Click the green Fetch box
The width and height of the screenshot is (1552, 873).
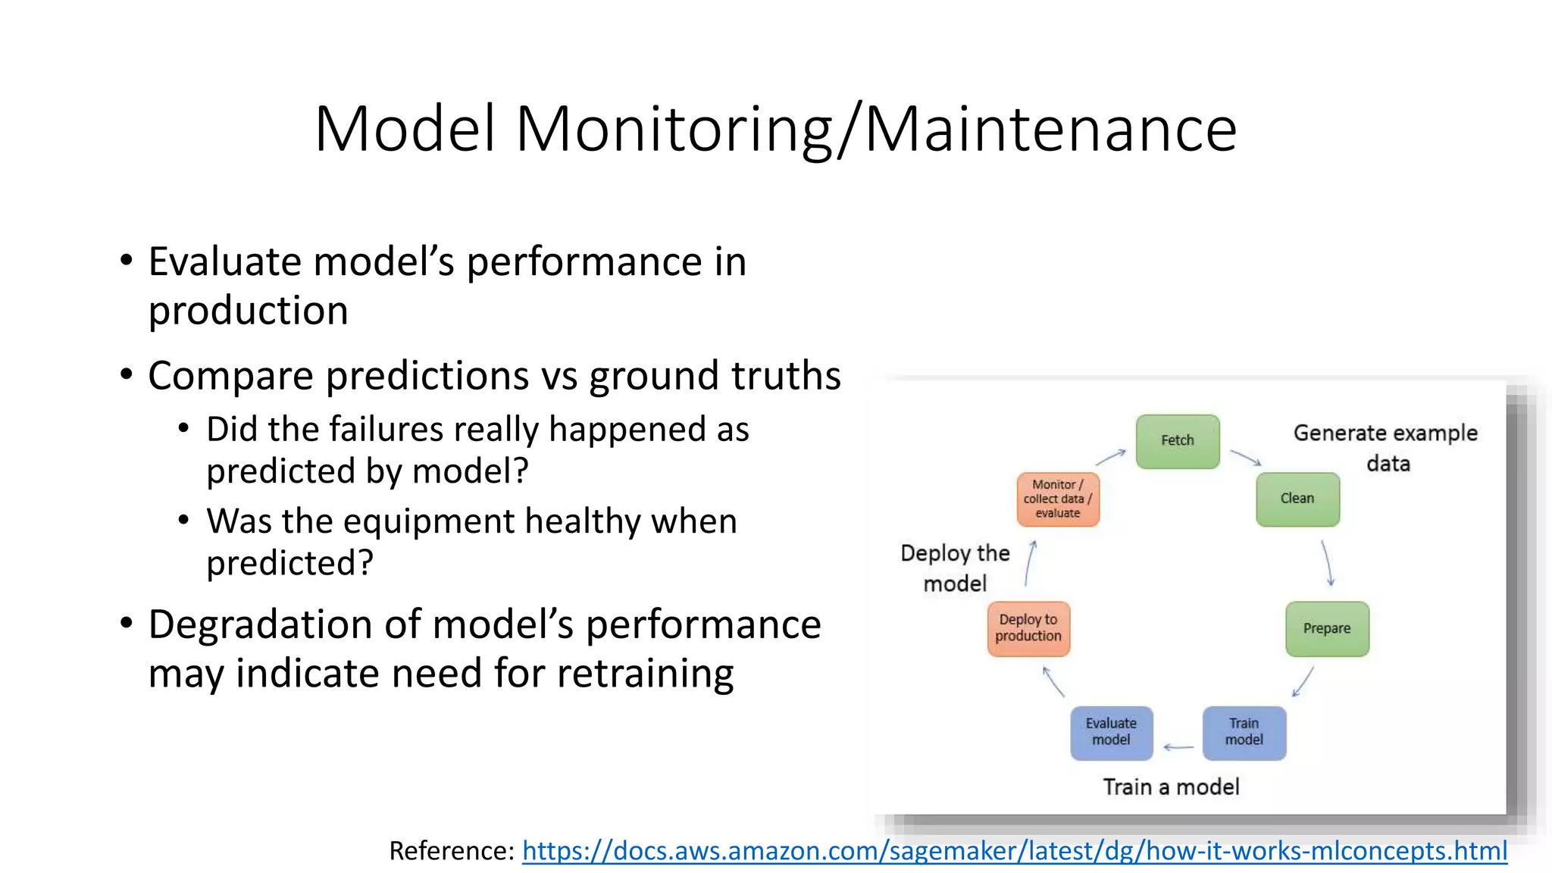(1177, 441)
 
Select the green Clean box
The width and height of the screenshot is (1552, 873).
(1297, 499)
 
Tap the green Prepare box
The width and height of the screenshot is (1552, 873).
(1326, 628)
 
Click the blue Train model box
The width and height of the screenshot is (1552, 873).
(1244, 732)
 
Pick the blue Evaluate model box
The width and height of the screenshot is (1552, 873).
(1111, 732)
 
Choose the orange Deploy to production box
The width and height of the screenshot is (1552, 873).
(1028, 628)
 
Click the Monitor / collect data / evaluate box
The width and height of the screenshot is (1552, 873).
(1057, 499)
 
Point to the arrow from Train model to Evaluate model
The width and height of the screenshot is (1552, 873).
(1178, 747)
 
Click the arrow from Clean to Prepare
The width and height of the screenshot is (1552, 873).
(1328, 562)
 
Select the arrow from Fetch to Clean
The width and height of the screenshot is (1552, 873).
(1245, 457)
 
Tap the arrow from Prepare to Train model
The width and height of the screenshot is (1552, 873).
(1303, 681)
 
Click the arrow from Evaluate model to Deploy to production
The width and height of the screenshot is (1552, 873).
(1053, 681)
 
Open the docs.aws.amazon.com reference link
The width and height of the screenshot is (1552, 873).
(1014, 851)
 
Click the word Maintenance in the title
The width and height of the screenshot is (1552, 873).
(1050, 129)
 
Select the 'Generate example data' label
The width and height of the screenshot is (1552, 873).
(1385, 447)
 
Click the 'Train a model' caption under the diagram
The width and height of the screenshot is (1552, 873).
(1171, 787)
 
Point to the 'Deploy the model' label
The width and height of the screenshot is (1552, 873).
(955, 568)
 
